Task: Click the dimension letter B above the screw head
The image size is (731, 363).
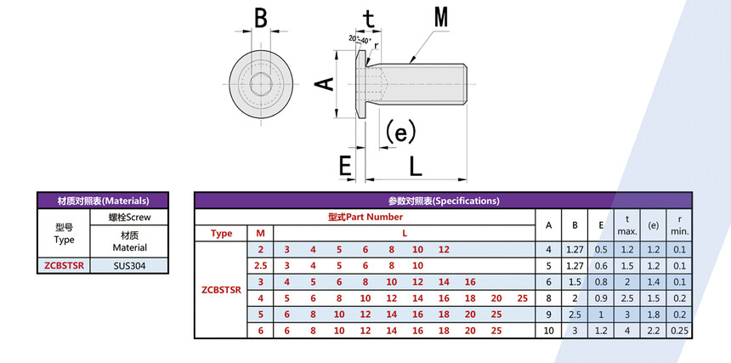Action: coord(260,18)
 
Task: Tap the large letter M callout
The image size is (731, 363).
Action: coord(441,17)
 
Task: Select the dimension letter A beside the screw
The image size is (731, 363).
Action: coord(323,82)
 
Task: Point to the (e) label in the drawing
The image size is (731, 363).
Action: coord(399,131)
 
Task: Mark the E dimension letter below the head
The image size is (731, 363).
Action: coord(345,167)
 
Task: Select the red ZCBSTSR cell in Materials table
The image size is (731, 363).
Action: coord(64,265)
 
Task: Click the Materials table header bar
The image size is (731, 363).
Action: coord(103,201)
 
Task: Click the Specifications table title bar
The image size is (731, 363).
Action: coord(444,201)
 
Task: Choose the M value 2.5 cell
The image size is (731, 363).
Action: coord(261,265)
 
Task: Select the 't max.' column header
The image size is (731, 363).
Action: coord(627,225)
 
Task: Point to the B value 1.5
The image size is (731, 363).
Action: coord(575,281)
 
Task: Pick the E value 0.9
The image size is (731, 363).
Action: coord(601,298)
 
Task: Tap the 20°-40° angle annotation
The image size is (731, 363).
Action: coord(359,39)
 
